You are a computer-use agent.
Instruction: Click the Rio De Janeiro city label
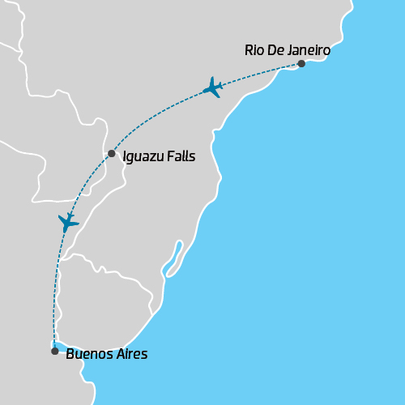pos(287,50)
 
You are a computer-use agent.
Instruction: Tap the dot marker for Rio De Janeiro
pos(301,63)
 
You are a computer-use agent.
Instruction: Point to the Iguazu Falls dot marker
pos(112,153)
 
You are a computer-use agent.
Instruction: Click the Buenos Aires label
pos(107,354)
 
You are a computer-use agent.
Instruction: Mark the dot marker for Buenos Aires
pos(54,351)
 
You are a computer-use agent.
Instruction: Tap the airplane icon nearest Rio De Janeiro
pos(213,87)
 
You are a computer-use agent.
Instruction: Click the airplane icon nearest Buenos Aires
pos(68,222)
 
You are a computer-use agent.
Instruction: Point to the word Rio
pos(254,50)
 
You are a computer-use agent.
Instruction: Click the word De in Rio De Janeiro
pos(275,50)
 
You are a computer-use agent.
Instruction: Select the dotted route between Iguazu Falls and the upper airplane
pos(154,116)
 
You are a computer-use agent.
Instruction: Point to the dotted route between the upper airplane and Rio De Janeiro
pos(259,73)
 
